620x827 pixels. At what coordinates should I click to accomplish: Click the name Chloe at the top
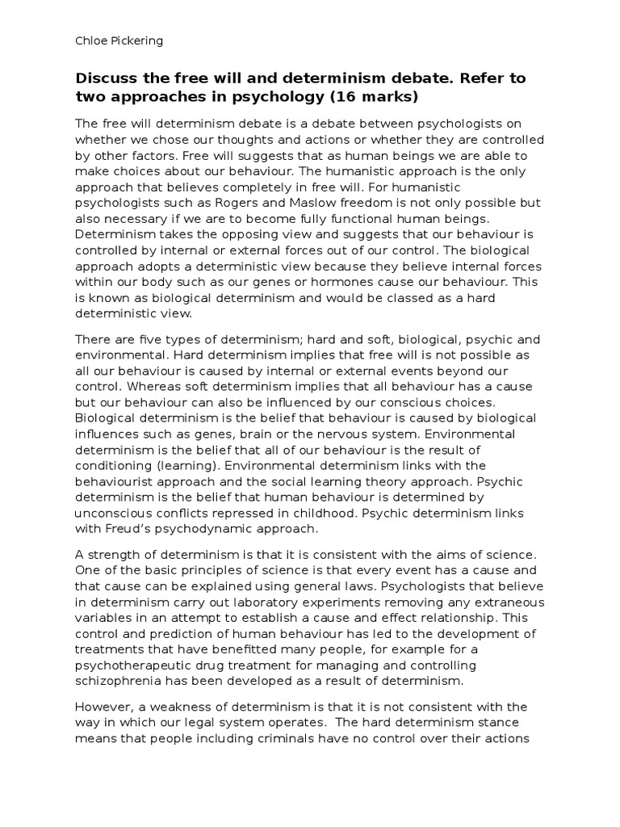coord(91,40)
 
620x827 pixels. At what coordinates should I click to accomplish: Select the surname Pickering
coord(137,40)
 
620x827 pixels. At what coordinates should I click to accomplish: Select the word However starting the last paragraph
coord(104,707)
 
